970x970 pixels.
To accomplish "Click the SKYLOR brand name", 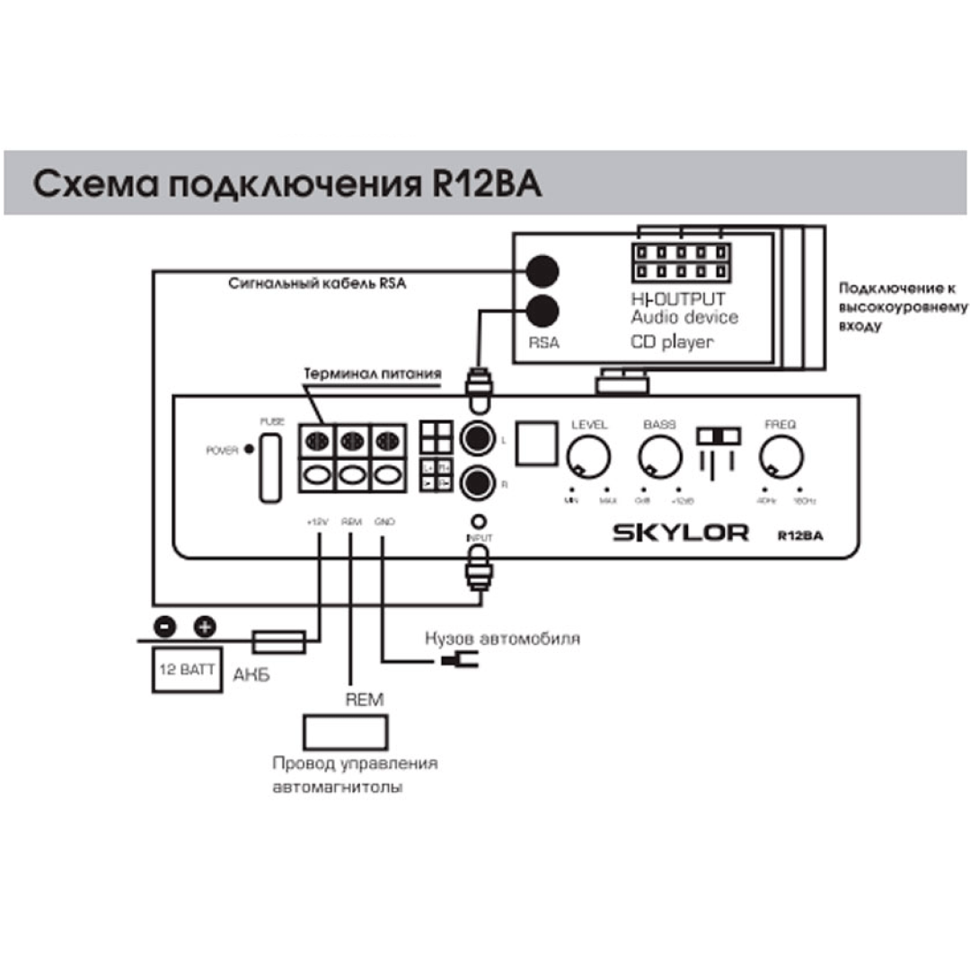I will pyautogui.click(x=680, y=533).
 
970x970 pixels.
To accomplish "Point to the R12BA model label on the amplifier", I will pyautogui.click(x=800, y=535).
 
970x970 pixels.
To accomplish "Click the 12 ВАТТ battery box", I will pyautogui.click(x=186, y=670).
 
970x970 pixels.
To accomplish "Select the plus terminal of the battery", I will pyautogui.click(x=205, y=626).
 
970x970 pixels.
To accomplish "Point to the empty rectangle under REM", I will pyautogui.click(x=345, y=733).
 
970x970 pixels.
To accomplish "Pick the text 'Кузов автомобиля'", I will pyautogui.click(x=502, y=639).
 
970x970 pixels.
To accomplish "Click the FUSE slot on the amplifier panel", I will pyautogui.click(x=269, y=468).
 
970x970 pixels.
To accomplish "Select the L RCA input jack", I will pyautogui.click(x=477, y=439).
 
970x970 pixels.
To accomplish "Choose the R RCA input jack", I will pyautogui.click(x=477, y=484).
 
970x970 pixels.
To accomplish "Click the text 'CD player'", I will pyautogui.click(x=672, y=341).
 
